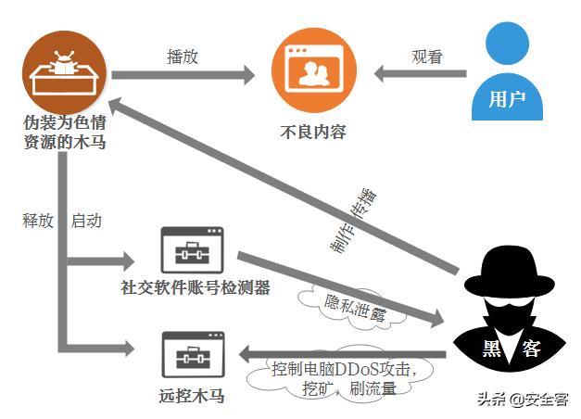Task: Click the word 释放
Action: pyautogui.click(x=38, y=222)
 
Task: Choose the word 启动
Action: pyautogui.click(x=86, y=222)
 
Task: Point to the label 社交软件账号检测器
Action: pyautogui.click(x=195, y=288)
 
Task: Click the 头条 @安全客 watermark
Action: pyautogui.click(x=523, y=400)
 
